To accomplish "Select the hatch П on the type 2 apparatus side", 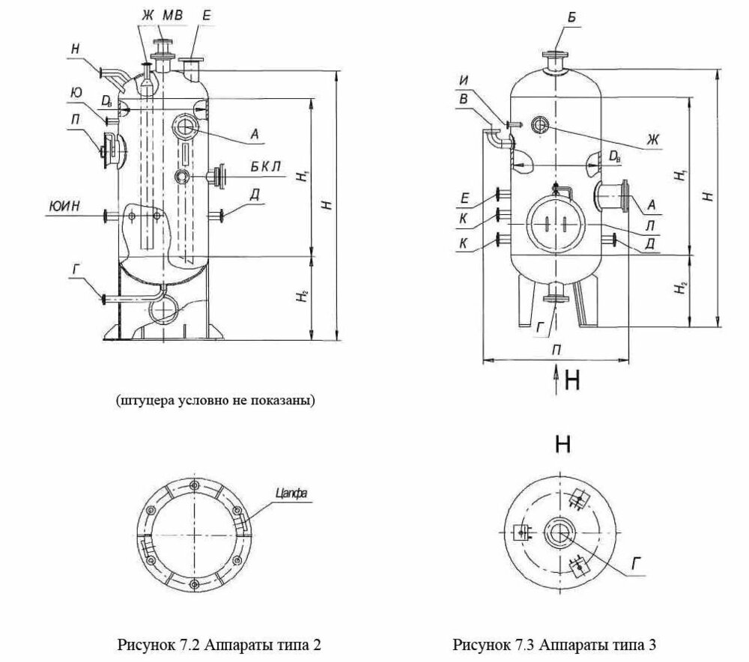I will [x=112, y=145].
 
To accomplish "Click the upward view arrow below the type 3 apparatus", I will [x=555, y=378].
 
